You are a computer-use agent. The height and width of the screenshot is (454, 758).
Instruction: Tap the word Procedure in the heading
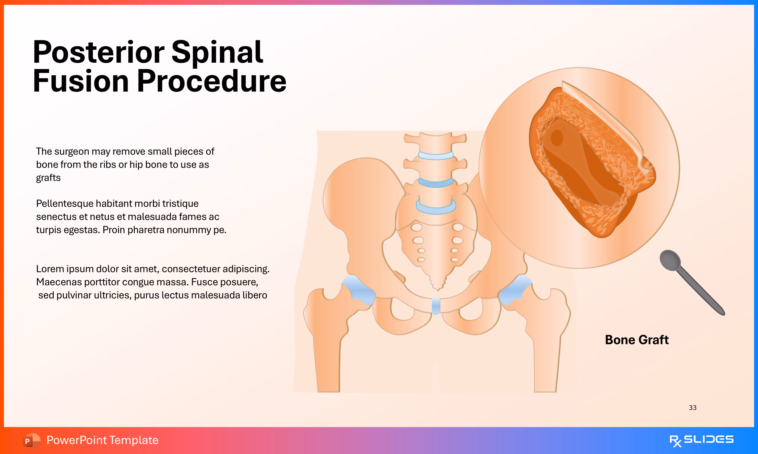[212, 81]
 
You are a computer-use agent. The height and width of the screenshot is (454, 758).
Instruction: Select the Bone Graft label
[637, 340]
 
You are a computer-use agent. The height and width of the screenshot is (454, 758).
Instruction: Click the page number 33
[693, 407]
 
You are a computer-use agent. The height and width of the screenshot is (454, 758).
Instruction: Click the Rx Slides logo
[701, 440]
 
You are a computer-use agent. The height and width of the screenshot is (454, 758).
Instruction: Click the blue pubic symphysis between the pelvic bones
[436, 306]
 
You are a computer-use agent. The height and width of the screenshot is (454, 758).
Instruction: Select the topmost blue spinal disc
[436, 156]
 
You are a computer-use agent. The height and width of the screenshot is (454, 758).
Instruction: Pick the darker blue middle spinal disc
[436, 183]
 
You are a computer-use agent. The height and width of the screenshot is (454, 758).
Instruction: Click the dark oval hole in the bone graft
[557, 138]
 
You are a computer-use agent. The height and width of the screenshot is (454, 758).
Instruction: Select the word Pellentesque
[64, 203]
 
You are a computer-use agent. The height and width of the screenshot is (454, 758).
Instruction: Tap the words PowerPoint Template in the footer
[102, 440]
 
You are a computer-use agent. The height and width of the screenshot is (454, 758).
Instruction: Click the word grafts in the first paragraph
[48, 178]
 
